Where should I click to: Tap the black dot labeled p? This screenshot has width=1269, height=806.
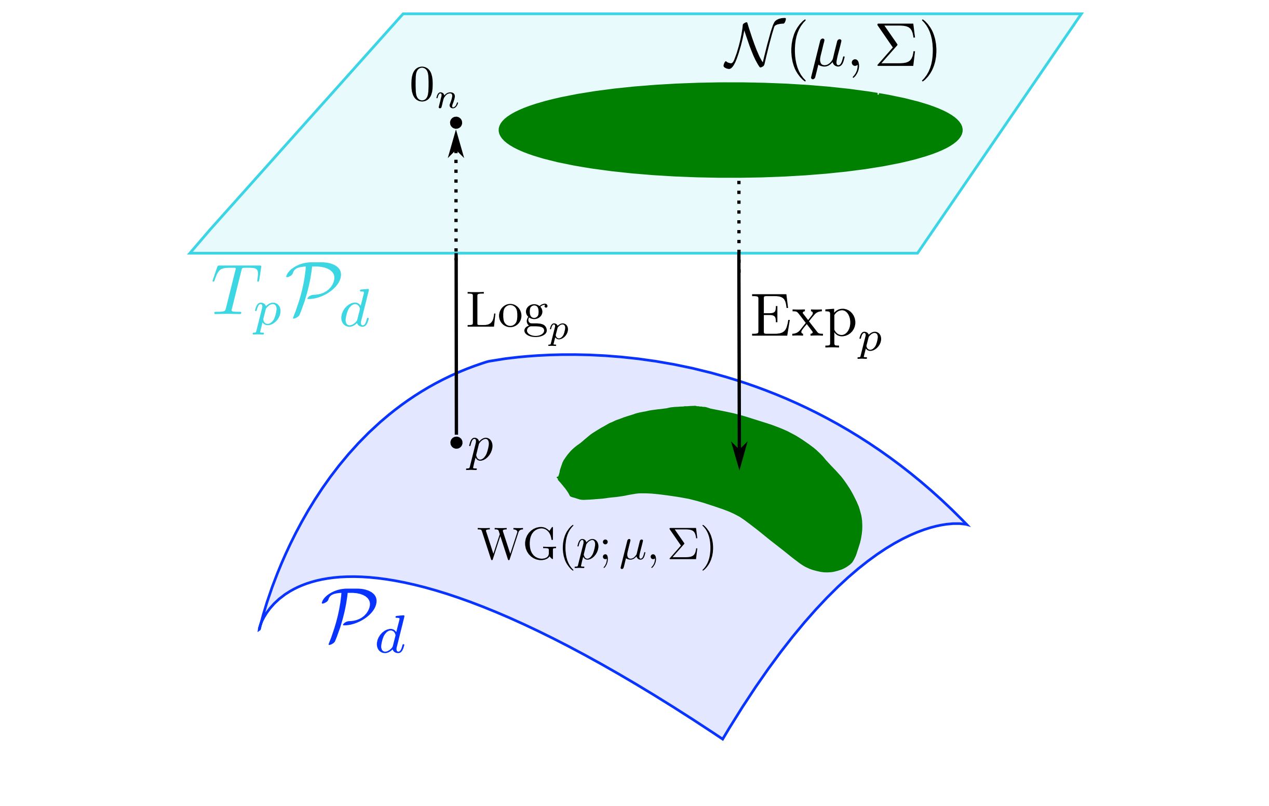456,442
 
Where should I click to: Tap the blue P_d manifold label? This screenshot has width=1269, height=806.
363,623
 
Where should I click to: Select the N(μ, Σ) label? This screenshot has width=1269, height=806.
830,50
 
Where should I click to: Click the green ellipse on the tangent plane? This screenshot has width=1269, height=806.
730,130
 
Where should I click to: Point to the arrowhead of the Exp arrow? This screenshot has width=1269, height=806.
739,455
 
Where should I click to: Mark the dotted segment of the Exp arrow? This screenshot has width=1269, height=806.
739,213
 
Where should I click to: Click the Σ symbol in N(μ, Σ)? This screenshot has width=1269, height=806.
895,50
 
